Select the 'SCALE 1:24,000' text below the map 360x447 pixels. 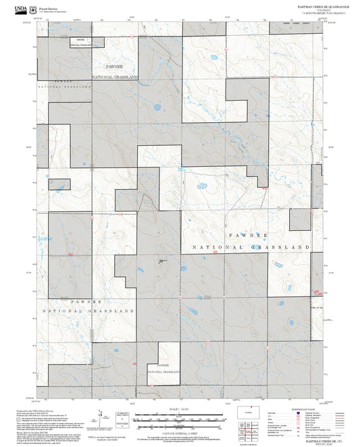click(x=180, y=409)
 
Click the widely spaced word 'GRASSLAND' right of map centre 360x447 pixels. click(x=278, y=248)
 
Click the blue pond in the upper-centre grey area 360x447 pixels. click(x=157, y=107)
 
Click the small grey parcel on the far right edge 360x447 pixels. click(x=300, y=219)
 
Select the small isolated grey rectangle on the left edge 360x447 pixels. click(x=59, y=184)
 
